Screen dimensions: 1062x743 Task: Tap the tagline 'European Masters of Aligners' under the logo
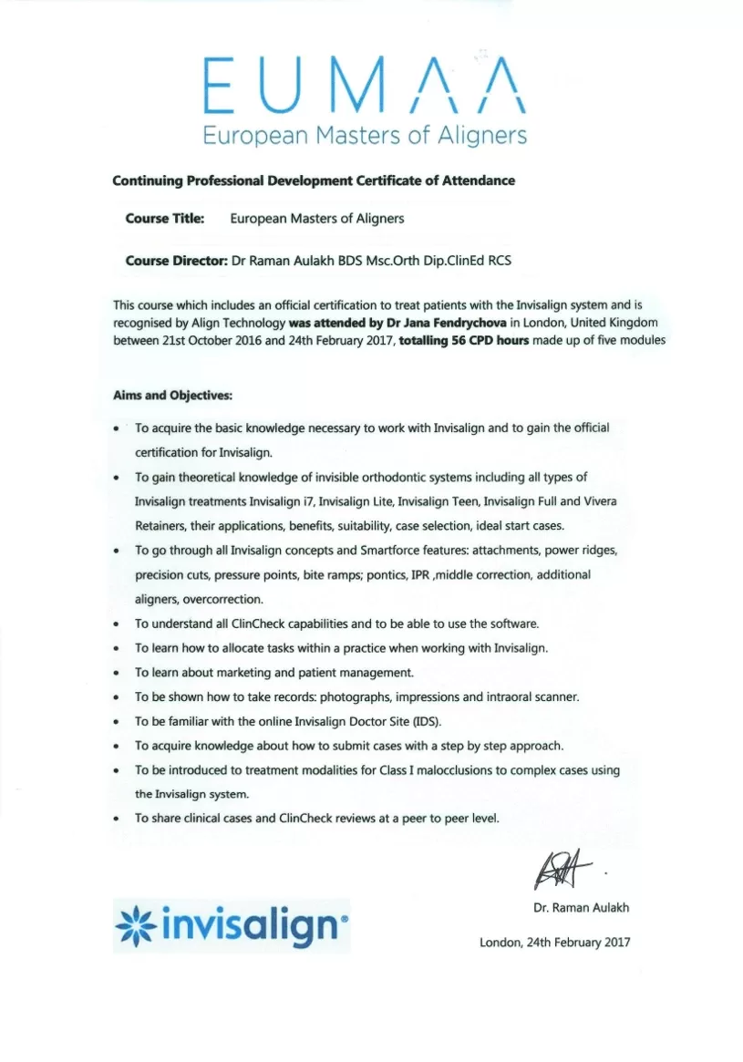pyautogui.click(x=365, y=136)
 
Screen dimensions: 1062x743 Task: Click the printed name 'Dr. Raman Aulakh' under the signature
pyautogui.click(x=581, y=908)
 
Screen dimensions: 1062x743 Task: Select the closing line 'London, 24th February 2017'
pyautogui.click(x=554, y=943)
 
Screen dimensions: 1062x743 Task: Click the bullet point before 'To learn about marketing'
pyautogui.click(x=117, y=673)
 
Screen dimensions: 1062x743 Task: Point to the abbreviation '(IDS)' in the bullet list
pyautogui.click(x=425, y=721)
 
